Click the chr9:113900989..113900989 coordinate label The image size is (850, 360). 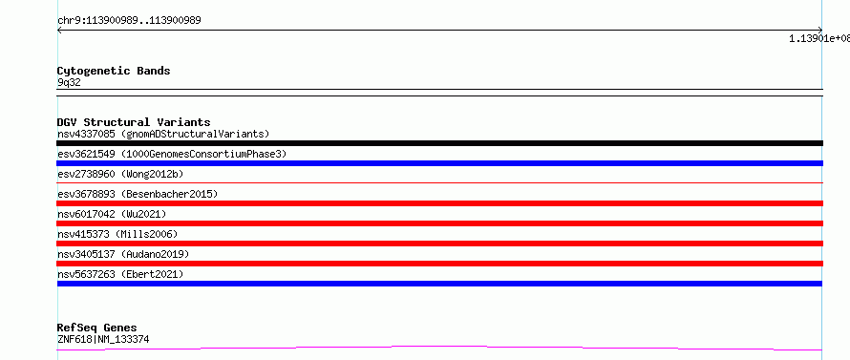(129, 21)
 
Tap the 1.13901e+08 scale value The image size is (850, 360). (819, 38)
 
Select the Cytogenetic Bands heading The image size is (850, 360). (114, 71)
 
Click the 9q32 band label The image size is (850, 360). (69, 83)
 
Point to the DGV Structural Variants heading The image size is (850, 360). (134, 122)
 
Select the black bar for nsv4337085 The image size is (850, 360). (439, 143)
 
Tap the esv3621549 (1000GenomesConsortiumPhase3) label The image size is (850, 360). (172, 154)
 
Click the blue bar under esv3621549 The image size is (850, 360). (439, 163)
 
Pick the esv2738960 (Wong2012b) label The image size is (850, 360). (120, 174)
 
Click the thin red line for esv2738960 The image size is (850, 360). (439, 183)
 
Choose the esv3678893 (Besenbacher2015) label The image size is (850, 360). (138, 194)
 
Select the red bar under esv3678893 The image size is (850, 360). (439, 203)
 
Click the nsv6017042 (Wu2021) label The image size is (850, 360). (112, 214)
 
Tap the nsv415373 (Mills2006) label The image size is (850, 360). (117, 234)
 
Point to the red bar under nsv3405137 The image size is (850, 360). (439, 264)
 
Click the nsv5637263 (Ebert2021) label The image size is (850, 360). (120, 274)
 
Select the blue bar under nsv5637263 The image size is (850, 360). (439, 284)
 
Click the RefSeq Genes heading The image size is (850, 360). (96, 328)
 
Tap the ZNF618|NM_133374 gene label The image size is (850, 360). (103, 339)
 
